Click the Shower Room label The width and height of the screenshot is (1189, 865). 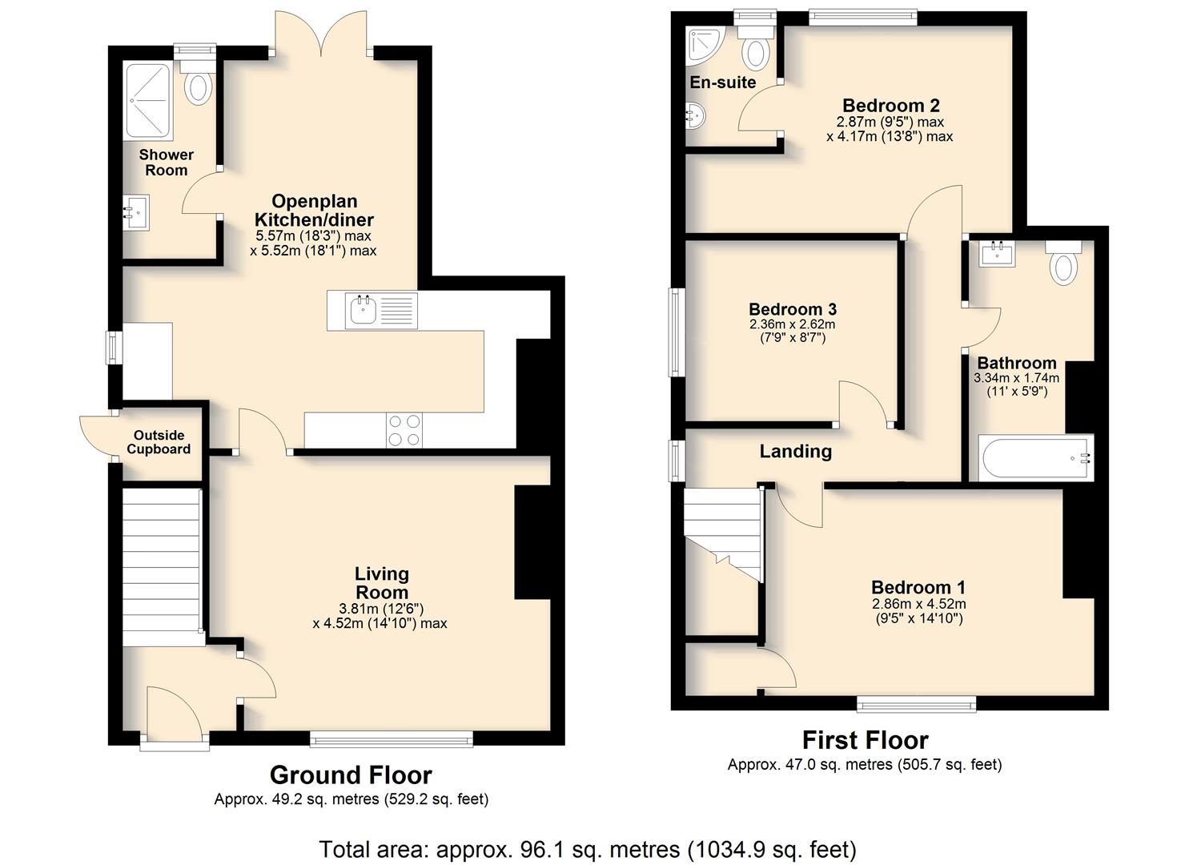tap(167, 163)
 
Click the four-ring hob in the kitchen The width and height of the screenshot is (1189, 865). tap(404, 429)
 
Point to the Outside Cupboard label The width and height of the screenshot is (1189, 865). tap(159, 442)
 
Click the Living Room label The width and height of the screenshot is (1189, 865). tap(382, 582)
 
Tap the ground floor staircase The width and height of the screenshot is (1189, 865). tap(163, 567)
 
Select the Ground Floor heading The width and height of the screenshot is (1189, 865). tap(351, 775)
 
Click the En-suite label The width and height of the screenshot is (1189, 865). tap(722, 82)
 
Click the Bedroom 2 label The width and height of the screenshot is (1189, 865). tap(890, 106)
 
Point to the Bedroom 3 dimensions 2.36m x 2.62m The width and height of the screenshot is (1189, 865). tap(792, 324)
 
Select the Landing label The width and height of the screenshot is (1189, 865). tap(795, 452)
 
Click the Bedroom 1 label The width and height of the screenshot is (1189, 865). tap(918, 587)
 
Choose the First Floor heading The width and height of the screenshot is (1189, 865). tap(866, 740)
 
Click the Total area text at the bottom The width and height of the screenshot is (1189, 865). tap(587, 849)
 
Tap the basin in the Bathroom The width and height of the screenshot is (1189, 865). tap(996, 254)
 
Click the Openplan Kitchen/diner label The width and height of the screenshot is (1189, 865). tap(314, 211)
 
